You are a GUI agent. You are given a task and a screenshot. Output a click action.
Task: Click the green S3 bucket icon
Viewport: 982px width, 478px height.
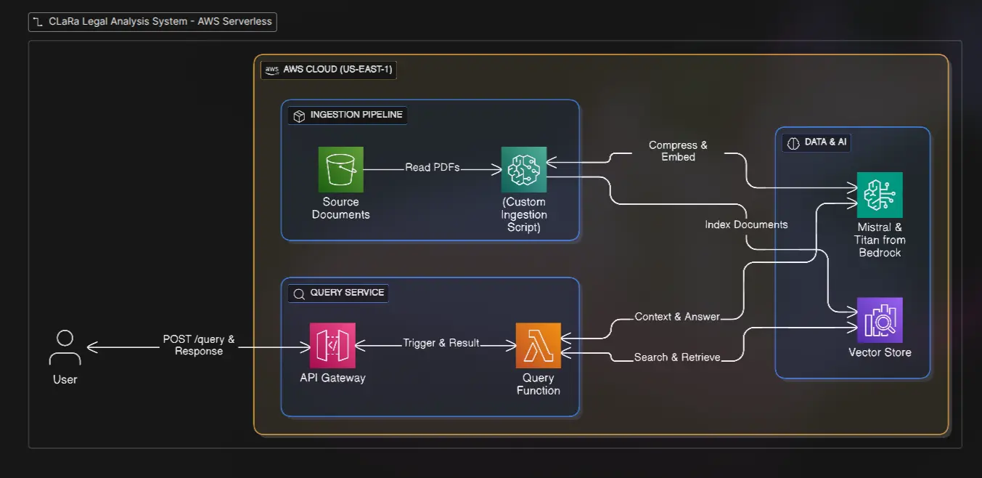(x=340, y=169)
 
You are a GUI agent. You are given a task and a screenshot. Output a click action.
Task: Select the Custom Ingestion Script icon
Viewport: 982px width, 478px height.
(x=523, y=169)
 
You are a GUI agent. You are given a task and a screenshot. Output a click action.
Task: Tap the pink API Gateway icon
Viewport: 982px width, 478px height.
(x=332, y=345)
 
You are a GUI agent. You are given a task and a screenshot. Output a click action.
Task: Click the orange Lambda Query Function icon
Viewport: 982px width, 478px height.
(x=538, y=345)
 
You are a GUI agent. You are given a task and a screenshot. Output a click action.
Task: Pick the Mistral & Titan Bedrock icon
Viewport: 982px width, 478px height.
(x=880, y=195)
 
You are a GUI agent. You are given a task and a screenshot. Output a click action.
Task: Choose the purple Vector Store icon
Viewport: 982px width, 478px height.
(x=880, y=320)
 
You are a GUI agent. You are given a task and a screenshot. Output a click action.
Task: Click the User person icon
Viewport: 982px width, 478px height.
(x=65, y=348)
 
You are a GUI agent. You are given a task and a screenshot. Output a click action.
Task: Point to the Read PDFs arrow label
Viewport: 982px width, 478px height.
(x=432, y=168)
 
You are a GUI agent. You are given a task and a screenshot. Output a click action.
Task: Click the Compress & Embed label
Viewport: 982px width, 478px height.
(x=678, y=151)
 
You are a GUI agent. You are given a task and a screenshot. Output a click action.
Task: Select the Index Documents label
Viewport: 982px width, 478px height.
(x=746, y=224)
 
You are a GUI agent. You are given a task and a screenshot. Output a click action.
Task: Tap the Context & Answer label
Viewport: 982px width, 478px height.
(x=677, y=316)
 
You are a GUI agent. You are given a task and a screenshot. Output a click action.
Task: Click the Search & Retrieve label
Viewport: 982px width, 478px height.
(x=677, y=357)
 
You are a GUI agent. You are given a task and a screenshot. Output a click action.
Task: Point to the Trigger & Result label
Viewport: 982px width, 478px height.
(x=441, y=343)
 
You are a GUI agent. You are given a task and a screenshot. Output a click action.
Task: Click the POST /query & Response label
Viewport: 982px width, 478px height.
(x=199, y=345)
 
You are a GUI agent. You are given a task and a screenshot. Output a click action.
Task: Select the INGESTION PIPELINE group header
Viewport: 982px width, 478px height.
(x=348, y=115)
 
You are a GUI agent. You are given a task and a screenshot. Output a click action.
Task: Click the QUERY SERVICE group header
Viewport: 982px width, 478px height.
(x=339, y=293)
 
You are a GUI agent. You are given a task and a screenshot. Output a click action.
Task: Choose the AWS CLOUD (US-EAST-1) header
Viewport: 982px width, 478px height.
(x=330, y=70)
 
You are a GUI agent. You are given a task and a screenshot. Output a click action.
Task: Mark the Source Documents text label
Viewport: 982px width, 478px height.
(x=340, y=208)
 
